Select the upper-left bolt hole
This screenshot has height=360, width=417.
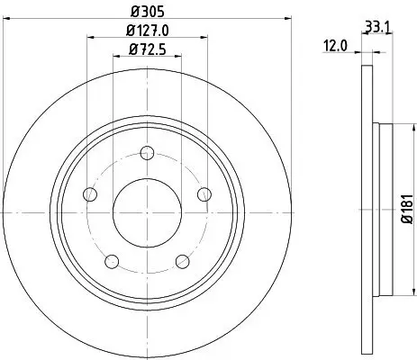pos(88,193)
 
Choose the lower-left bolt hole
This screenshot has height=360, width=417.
pos(111,261)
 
